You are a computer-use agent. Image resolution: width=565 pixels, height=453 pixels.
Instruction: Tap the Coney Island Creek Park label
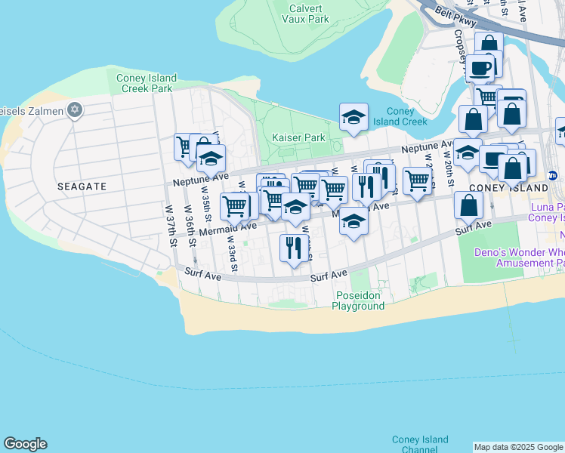(x=147, y=83)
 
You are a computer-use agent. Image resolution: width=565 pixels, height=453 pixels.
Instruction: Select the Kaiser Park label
(x=298, y=137)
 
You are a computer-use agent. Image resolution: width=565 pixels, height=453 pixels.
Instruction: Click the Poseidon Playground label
(x=359, y=300)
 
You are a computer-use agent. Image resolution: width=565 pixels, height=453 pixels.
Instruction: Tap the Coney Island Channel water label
(x=420, y=444)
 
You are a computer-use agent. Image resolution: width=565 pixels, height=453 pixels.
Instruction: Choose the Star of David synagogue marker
(x=74, y=111)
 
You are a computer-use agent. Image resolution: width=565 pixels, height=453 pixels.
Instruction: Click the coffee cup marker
(x=480, y=68)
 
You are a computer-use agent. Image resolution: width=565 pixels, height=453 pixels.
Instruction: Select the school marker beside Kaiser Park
(x=354, y=117)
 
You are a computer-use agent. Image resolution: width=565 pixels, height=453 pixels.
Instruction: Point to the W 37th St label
(x=171, y=226)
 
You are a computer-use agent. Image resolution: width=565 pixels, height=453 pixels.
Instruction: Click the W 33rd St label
(x=235, y=256)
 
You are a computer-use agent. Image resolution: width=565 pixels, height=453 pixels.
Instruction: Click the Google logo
(x=25, y=444)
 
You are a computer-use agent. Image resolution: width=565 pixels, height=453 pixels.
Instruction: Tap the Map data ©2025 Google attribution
(x=518, y=447)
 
